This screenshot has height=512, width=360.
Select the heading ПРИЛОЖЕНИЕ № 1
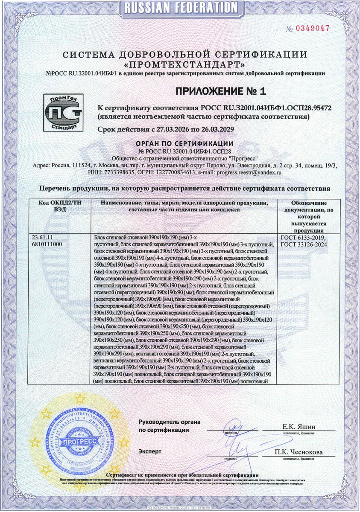pos(221,91)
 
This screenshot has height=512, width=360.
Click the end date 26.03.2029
pos(214,129)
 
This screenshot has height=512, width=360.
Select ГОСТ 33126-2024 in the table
pos(304,244)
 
